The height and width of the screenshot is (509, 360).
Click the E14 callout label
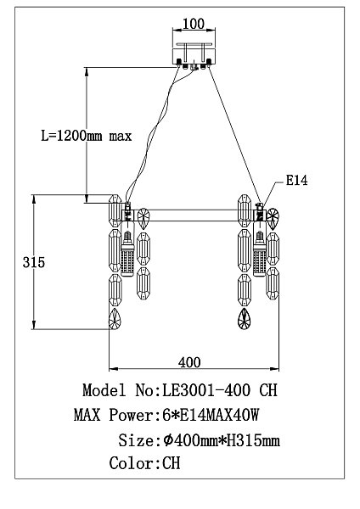click(x=295, y=181)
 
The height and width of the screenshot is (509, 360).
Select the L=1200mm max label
click(x=87, y=136)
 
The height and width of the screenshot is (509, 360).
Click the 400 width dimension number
click(x=190, y=361)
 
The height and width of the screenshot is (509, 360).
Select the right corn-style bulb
click(x=258, y=252)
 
